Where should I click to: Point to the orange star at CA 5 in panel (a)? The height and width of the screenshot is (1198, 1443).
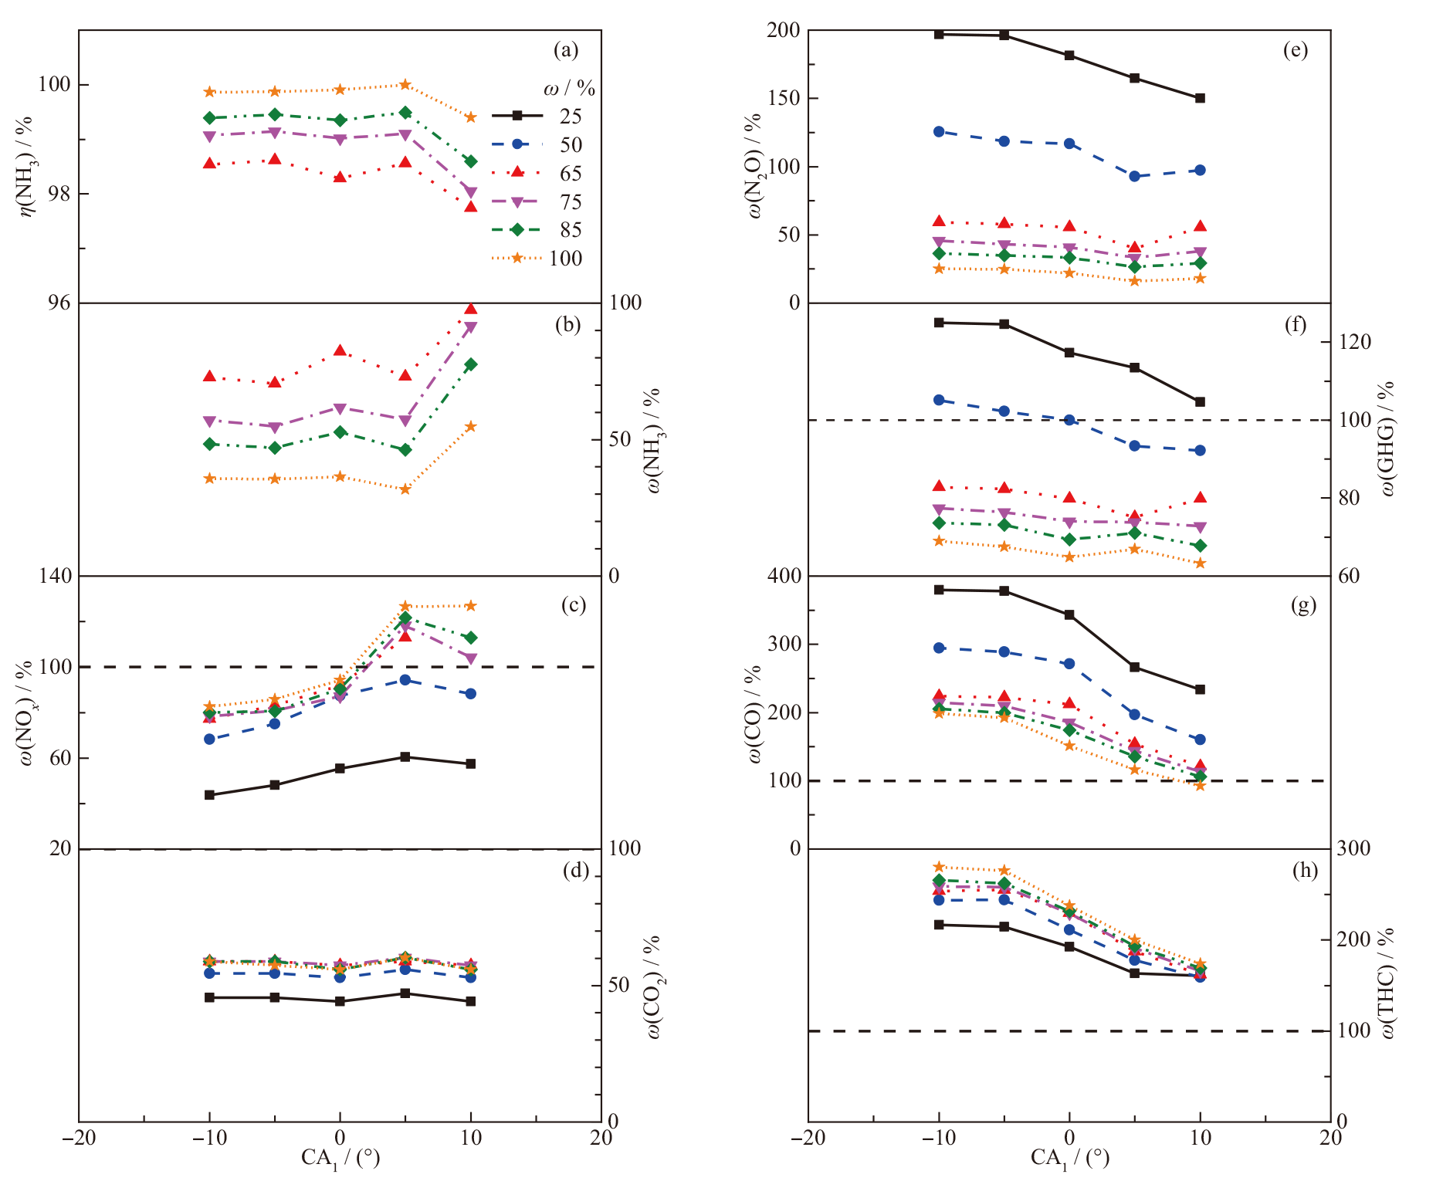[405, 84]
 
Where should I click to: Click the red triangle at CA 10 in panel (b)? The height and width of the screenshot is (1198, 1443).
[471, 310]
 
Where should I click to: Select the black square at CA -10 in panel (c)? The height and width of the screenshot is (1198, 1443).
[209, 794]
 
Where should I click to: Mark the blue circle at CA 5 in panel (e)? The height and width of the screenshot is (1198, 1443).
[1134, 176]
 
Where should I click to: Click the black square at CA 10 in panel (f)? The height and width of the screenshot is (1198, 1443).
[1200, 402]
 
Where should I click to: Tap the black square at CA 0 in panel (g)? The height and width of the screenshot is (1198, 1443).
[1069, 615]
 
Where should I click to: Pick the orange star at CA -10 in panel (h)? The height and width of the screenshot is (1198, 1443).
[939, 867]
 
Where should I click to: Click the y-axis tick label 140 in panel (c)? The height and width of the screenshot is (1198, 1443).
[55, 576]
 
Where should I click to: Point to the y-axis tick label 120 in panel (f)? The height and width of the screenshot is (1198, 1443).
[1355, 342]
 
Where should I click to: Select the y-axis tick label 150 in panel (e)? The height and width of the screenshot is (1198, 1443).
[784, 99]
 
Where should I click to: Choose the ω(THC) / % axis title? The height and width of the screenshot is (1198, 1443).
[1387, 983]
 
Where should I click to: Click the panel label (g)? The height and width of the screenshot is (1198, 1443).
[1303, 606]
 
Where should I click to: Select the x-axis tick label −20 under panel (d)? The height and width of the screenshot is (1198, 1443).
[79, 1138]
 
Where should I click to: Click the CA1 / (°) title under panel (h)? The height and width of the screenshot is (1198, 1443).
[1069, 1158]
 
